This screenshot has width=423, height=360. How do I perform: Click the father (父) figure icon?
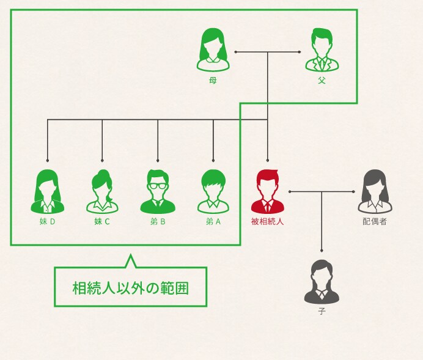(322, 51)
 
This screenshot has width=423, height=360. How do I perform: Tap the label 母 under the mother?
(213, 80)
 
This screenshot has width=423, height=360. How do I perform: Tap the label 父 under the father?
(322, 80)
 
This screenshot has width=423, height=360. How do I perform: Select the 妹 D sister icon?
(47, 191)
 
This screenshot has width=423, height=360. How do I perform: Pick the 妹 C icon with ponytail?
(102, 191)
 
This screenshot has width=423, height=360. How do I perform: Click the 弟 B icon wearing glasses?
(158, 191)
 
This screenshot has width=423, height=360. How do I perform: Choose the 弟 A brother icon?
(213, 191)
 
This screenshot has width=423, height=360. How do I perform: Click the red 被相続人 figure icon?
(268, 191)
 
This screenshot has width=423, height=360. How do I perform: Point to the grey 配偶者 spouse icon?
(374, 191)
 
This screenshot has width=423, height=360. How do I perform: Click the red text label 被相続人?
(268, 221)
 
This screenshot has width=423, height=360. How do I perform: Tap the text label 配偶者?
(374, 221)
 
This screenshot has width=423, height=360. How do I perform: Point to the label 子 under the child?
(322, 311)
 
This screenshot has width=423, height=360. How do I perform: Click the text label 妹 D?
(47, 221)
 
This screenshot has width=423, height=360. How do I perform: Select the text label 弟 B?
(158, 221)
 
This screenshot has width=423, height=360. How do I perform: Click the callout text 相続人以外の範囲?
(130, 287)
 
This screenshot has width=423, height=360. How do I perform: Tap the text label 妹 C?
(102, 221)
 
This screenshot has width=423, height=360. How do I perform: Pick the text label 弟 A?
(213, 221)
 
